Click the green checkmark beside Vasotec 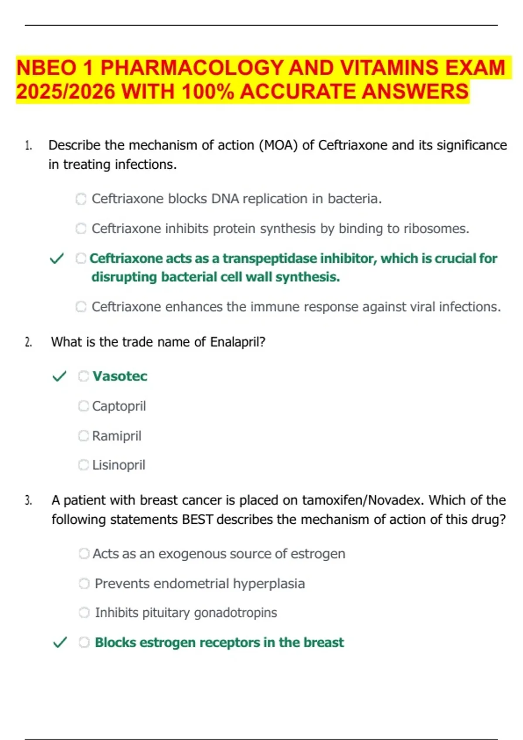pyautogui.click(x=59, y=376)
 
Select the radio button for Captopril pyautogui.click(x=83, y=406)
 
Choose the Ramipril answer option pyautogui.click(x=116, y=436)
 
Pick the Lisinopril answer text pyautogui.click(x=119, y=465)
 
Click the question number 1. pyautogui.click(x=28, y=145)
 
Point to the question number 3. pyautogui.click(x=28, y=501)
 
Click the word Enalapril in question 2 pyautogui.click(x=238, y=342)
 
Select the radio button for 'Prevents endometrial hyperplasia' pyautogui.click(x=84, y=583)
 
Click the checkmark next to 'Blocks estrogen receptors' pyautogui.click(x=60, y=642)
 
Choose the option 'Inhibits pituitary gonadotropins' pyautogui.click(x=186, y=613)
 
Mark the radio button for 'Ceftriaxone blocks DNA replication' pyautogui.click(x=81, y=199)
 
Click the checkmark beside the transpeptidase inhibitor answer pyautogui.click(x=57, y=259)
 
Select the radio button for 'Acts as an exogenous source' pyautogui.click(x=84, y=554)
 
